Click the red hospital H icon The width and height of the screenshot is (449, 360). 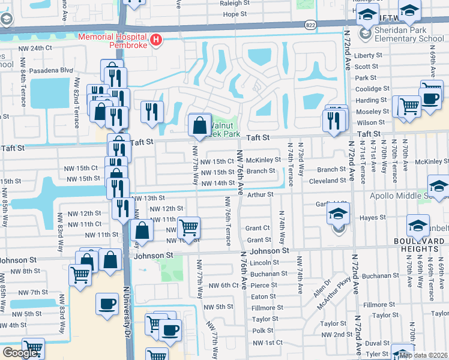point(156,40)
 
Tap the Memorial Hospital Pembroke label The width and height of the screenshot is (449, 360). point(113,40)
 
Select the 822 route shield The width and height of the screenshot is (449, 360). point(310,25)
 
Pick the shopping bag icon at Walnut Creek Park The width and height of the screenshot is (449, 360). point(200,125)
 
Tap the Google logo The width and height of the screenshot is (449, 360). point(20,353)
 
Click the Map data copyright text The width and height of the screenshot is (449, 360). point(423,355)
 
